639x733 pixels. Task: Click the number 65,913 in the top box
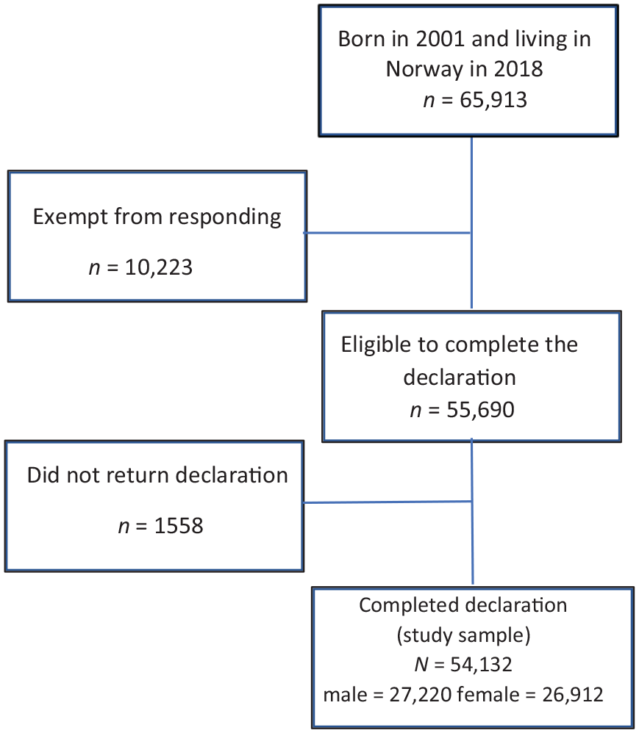(x=493, y=100)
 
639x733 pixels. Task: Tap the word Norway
(x=424, y=70)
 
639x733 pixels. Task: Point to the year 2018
(x=518, y=69)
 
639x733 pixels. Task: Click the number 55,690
(x=480, y=410)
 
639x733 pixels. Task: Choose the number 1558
(x=179, y=527)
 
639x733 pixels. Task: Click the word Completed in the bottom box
(x=403, y=606)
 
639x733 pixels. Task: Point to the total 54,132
(x=481, y=665)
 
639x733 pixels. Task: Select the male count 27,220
(x=421, y=695)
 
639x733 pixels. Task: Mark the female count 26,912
(x=573, y=695)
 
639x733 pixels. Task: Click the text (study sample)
(x=463, y=636)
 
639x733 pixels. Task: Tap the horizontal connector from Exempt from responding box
(x=387, y=232)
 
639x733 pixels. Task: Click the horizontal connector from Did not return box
(x=387, y=502)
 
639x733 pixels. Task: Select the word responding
(x=225, y=217)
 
